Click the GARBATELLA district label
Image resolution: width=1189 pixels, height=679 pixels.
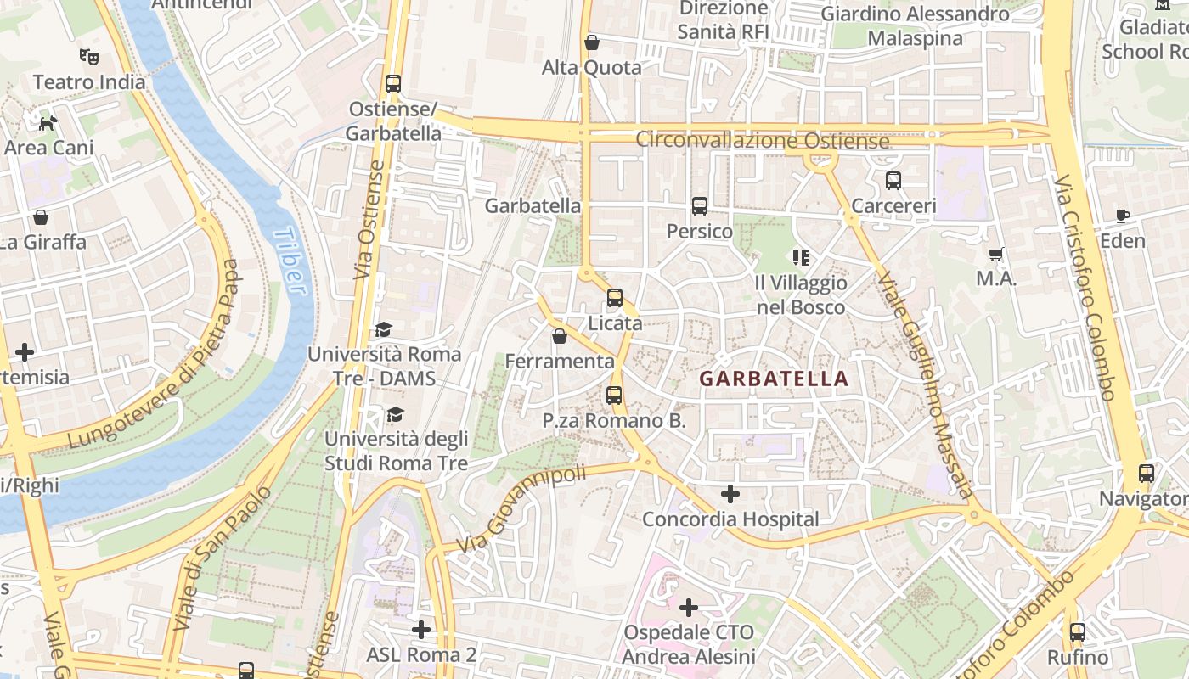[774, 379]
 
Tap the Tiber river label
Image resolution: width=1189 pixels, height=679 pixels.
[290, 260]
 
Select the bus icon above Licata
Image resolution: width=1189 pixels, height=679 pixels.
[615, 298]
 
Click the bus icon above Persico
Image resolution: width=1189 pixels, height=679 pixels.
[700, 205]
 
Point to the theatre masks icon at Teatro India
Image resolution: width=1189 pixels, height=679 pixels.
[88, 57]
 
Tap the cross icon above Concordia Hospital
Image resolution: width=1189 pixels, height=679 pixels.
[730, 493]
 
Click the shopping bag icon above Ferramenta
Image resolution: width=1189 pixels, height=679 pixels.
[560, 336]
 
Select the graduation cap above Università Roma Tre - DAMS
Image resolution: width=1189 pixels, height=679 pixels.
[384, 329]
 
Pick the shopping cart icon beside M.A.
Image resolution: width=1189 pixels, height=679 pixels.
[996, 254]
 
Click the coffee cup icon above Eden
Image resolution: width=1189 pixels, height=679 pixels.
[1123, 216]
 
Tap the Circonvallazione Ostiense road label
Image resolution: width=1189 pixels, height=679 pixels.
[763, 140]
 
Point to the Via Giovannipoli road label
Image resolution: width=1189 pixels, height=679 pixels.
[521, 508]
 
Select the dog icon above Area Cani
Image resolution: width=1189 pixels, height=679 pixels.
[48, 122]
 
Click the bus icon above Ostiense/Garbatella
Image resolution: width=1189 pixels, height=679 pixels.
[393, 84]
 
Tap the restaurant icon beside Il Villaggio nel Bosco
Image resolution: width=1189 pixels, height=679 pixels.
[800, 257]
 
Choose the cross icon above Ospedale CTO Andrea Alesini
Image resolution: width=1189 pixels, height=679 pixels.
[689, 607]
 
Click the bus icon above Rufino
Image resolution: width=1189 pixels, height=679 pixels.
[1078, 631]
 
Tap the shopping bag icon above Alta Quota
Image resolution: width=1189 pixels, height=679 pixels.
[592, 42]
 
